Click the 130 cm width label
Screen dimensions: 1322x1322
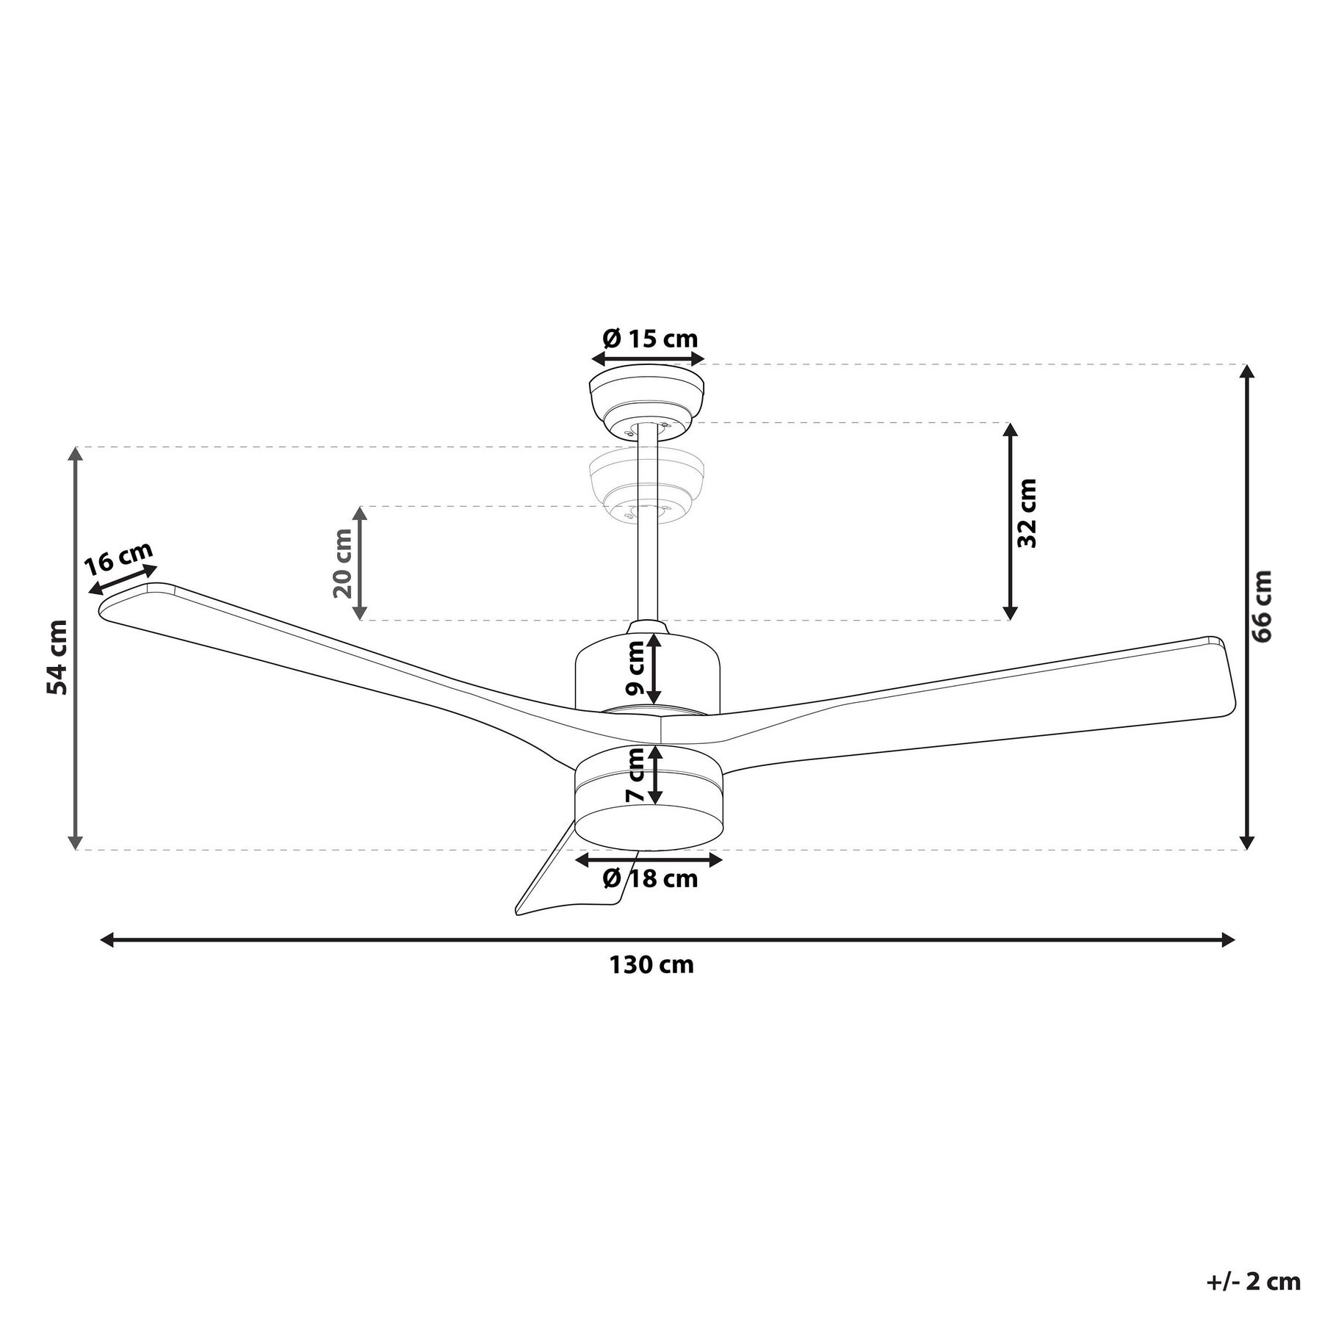(651, 964)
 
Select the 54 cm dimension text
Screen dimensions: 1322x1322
(57, 657)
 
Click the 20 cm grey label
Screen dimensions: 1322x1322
(343, 563)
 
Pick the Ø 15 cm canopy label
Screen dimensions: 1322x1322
(650, 339)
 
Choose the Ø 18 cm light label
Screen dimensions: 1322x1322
(650, 878)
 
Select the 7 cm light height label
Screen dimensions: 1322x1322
(635, 775)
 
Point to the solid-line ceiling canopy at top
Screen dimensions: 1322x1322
(647, 400)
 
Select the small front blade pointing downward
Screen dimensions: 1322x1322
(558, 881)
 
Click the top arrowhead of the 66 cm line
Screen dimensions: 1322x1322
(1246, 372)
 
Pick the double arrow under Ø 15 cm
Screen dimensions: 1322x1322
(648, 359)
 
